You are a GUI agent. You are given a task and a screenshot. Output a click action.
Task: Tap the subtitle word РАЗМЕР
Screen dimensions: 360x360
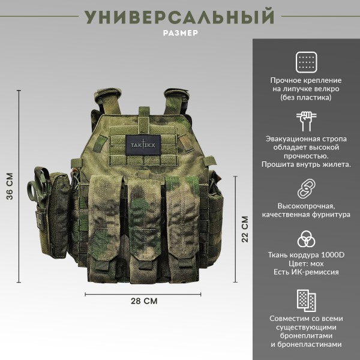tap(180, 34)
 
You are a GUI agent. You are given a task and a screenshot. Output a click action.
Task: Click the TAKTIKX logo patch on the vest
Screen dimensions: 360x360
tap(144, 145)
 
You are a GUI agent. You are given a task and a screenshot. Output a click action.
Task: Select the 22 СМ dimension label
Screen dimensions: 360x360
tap(244, 229)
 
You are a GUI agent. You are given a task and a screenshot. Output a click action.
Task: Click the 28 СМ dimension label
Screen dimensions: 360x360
tap(144, 301)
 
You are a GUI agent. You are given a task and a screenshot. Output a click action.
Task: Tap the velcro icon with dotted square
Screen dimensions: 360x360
tap(306, 61)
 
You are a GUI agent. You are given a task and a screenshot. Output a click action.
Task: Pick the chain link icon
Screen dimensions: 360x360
tap(306, 187)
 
